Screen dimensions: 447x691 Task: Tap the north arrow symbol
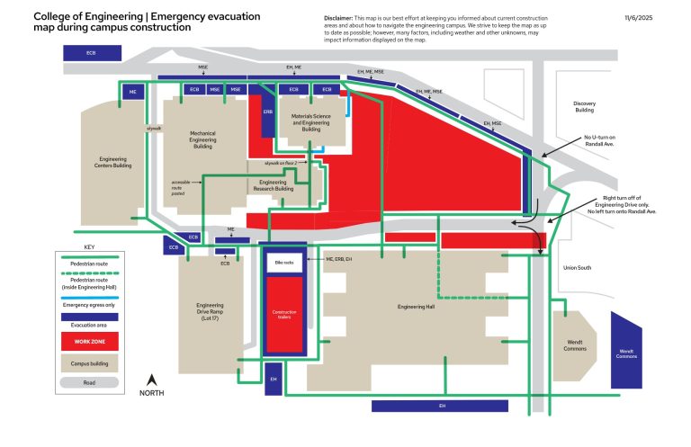pyautogui.click(x=152, y=381)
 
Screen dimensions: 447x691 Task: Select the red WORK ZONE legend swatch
pyautogui.click(x=89, y=343)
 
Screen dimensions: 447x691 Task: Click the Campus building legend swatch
pyautogui.click(x=89, y=362)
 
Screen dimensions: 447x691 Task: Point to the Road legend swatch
pyautogui.click(x=89, y=382)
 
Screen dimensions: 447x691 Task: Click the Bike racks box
pyautogui.click(x=284, y=264)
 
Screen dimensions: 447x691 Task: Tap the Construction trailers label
pyautogui.click(x=284, y=315)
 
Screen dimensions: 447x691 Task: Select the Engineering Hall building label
pyautogui.click(x=417, y=307)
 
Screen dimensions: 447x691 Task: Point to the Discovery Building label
pyautogui.click(x=584, y=106)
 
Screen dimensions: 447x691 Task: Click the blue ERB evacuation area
pyautogui.click(x=267, y=112)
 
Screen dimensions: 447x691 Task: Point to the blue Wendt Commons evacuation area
pyautogui.click(x=626, y=351)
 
